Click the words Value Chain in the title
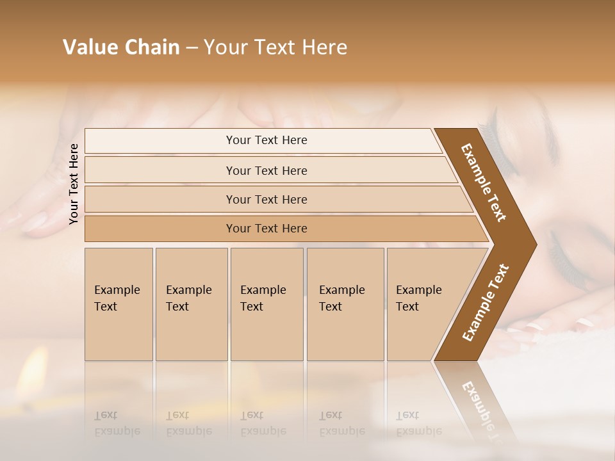click(x=121, y=47)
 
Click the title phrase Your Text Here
click(x=275, y=47)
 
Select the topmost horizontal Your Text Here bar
click(x=266, y=140)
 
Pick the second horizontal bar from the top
click(x=266, y=170)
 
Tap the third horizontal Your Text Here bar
click(x=266, y=199)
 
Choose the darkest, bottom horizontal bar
click(x=266, y=229)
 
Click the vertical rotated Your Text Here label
click(x=74, y=184)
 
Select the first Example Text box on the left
click(x=119, y=304)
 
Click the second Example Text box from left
click(x=191, y=304)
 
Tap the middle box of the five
click(x=266, y=304)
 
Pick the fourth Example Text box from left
click(x=345, y=304)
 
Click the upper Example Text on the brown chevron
click(x=484, y=182)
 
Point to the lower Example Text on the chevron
click(x=485, y=302)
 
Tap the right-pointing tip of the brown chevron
click(x=533, y=245)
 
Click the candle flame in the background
click(x=33, y=368)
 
